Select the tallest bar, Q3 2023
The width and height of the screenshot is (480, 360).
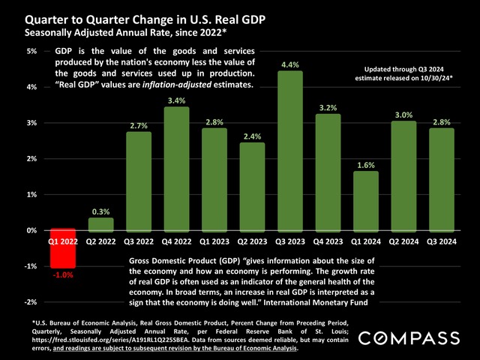click(289, 150)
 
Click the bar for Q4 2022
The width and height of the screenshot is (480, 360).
click(175, 168)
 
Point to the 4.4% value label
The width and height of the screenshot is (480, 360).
click(289, 64)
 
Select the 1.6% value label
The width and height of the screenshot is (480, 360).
click(365, 164)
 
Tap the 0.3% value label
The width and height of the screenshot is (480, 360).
click(100, 211)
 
